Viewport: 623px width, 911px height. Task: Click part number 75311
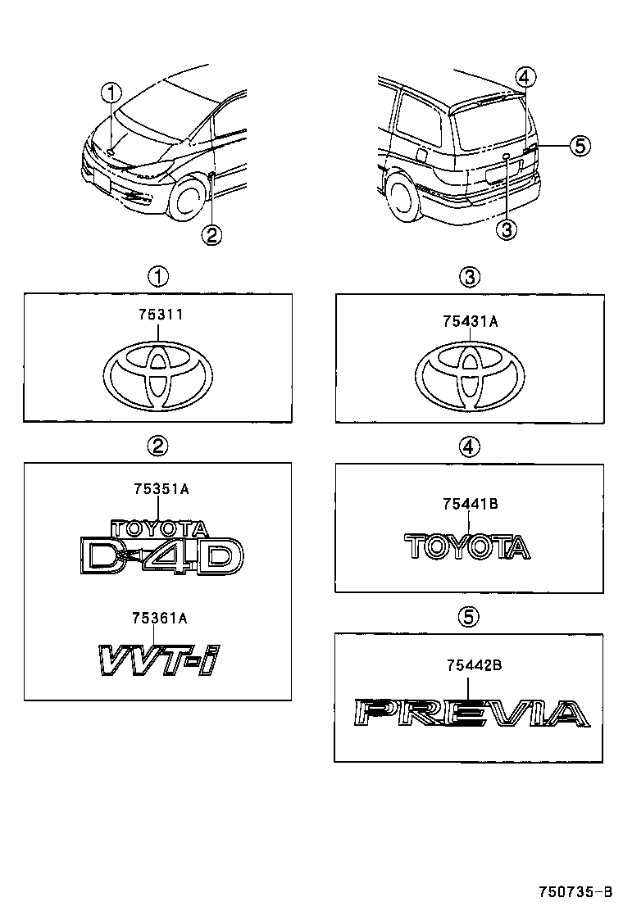[157, 315]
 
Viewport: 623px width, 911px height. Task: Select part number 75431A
[470, 322]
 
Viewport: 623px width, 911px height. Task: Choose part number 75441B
[470, 505]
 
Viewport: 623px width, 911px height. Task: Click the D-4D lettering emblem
[162, 556]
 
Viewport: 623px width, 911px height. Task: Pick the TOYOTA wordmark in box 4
[468, 546]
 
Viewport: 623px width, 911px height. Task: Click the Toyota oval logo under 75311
[158, 374]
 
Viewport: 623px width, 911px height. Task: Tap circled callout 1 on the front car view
[111, 93]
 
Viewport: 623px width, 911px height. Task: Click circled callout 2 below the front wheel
[211, 236]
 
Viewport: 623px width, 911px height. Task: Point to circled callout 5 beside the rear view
[579, 146]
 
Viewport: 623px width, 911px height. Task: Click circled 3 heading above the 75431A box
[469, 277]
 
